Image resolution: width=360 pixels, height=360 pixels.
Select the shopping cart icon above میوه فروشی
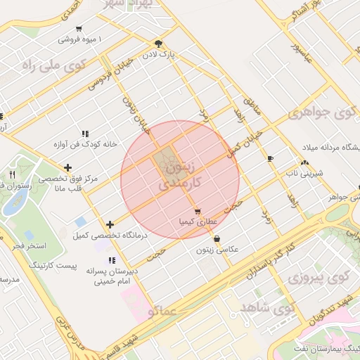coord(79,29)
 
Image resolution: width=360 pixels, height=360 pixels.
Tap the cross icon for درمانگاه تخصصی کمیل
coord(109,224)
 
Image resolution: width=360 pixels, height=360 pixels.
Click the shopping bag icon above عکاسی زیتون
coord(216,238)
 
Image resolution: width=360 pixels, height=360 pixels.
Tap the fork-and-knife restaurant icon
coord(12,174)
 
